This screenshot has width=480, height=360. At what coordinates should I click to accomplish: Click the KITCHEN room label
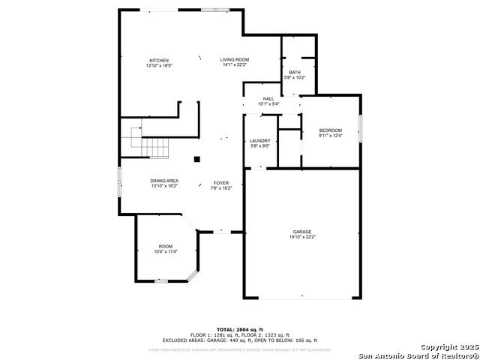click(158, 61)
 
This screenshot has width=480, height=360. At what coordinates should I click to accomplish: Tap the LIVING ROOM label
click(234, 59)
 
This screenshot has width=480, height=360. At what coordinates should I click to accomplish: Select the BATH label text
click(293, 72)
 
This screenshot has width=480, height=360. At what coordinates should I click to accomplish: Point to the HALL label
click(268, 98)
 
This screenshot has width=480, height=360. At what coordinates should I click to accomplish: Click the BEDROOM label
click(330, 130)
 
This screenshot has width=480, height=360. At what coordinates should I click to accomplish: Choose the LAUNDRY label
click(259, 141)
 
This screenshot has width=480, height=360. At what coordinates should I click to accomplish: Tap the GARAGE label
click(302, 232)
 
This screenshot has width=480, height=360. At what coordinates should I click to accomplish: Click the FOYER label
click(220, 183)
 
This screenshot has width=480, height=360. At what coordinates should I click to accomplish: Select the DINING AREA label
click(163, 181)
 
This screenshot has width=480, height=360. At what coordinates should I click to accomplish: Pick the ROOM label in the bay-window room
click(165, 247)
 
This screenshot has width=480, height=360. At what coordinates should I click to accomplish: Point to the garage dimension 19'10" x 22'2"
click(302, 237)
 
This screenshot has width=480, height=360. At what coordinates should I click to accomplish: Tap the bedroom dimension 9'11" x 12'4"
click(330, 136)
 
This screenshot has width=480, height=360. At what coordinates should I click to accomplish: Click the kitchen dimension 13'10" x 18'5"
click(158, 66)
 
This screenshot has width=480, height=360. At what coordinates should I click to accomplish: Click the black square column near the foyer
click(196, 158)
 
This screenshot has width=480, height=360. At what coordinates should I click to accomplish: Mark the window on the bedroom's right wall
click(360, 128)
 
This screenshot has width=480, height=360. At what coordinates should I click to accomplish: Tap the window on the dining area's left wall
click(119, 182)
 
